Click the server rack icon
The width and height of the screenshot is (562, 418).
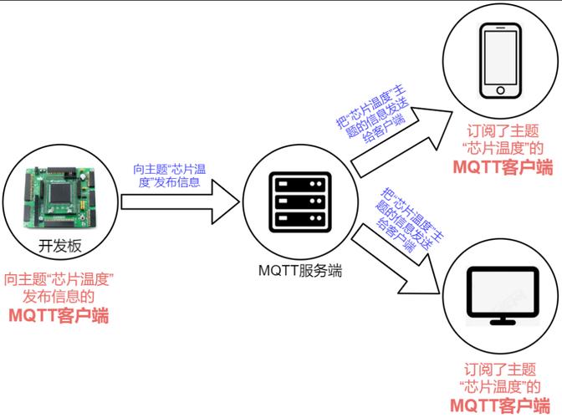point(298,201)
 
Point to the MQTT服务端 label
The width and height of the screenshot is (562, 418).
point(299,272)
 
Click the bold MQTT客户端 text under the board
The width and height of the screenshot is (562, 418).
point(59,315)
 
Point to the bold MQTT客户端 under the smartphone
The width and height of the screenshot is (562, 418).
point(502,166)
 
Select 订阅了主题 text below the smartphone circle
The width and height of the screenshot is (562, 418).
point(502,131)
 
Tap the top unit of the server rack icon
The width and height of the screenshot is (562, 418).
point(298,183)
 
